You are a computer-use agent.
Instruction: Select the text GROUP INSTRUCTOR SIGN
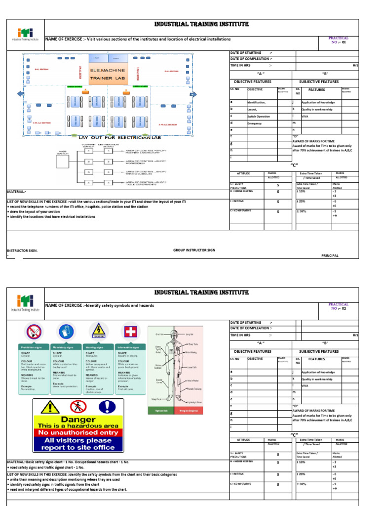194,251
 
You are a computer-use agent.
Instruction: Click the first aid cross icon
129,332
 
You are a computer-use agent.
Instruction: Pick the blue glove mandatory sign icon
65,332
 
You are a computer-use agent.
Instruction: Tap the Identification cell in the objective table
256,102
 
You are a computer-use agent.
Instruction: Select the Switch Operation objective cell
259,116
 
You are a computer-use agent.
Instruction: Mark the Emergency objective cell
255,123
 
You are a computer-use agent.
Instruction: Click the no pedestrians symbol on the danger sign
76,407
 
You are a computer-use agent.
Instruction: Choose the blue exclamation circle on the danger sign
106,407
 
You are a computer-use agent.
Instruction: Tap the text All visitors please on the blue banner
77,440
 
